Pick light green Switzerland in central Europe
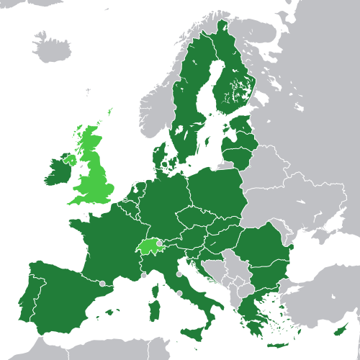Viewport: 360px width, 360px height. click(x=148, y=246)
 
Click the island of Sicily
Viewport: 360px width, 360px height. click(x=193, y=333)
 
